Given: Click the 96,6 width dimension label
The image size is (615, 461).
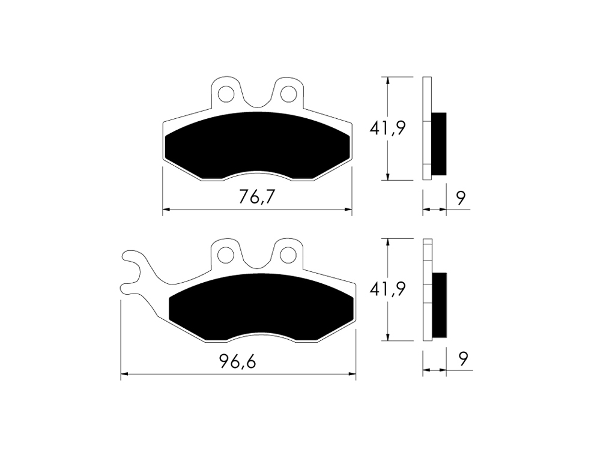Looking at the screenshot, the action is click(x=238, y=361).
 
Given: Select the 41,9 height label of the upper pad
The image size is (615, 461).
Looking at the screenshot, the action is click(x=387, y=128).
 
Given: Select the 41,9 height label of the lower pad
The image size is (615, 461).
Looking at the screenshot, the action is click(x=387, y=289).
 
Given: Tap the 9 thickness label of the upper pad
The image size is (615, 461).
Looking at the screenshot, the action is click(x=461, y=198).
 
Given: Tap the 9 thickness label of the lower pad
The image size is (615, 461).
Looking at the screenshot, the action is click(x=464, y=359).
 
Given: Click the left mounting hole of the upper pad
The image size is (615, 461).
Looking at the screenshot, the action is click(x=226, y=94).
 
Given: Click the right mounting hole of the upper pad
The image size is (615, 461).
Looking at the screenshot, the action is click(x=289, y=94).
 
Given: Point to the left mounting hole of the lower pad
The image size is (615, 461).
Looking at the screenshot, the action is click(x=226, y=255).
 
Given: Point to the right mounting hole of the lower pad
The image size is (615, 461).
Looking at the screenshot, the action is click(x=289, y=255).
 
